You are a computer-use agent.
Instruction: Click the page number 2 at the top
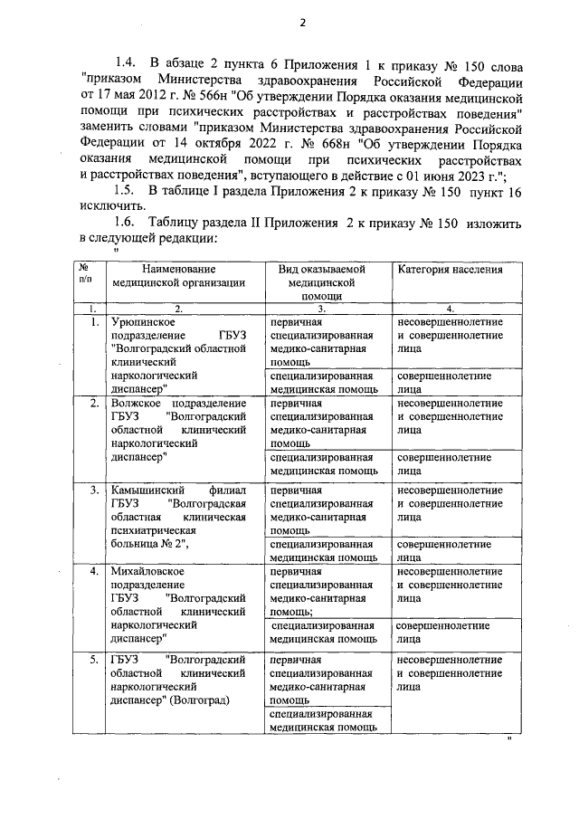pos(303,23)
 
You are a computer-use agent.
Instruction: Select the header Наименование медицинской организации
pos(178,276)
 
